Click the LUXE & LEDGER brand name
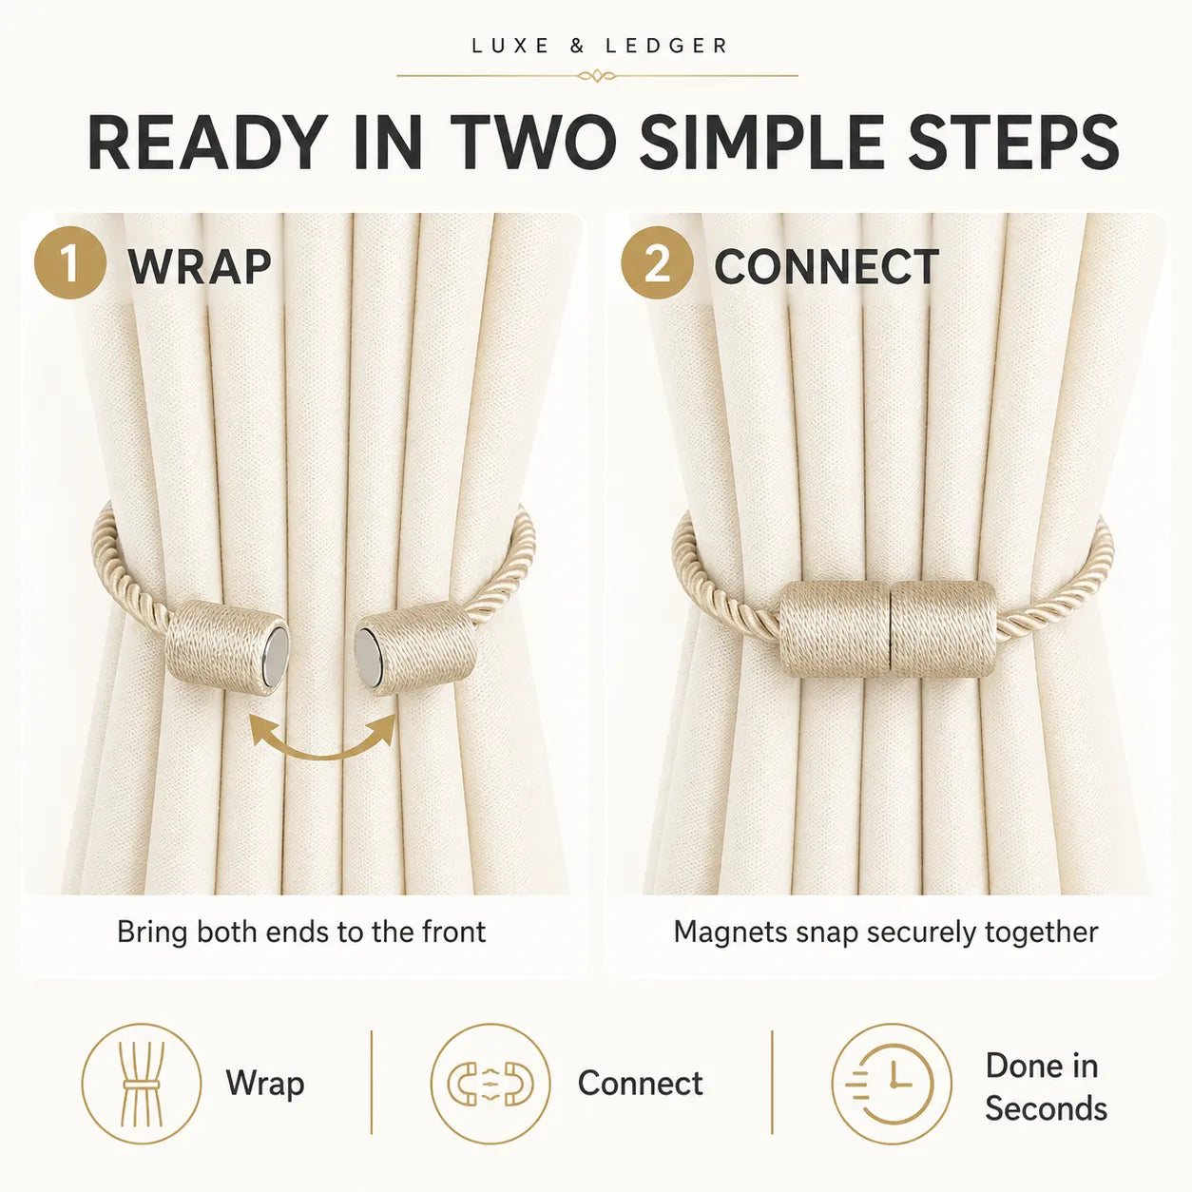(599, 46)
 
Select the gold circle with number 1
(70, 262)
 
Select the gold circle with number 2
(657, 262)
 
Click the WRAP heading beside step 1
(200, 266)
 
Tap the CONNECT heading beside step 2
(826, 266)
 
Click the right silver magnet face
(368, 656)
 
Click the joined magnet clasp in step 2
(888, 629)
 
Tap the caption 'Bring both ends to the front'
(301, 932)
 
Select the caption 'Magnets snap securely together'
(886, 932)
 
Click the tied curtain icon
(142, 1084)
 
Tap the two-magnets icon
(490, 1084)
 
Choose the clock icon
(892, 1084)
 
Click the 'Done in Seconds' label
(1046, 1086)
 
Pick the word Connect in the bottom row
(641, 1083)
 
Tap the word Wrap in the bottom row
(265, 1085)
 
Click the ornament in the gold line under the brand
(597, 77)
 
